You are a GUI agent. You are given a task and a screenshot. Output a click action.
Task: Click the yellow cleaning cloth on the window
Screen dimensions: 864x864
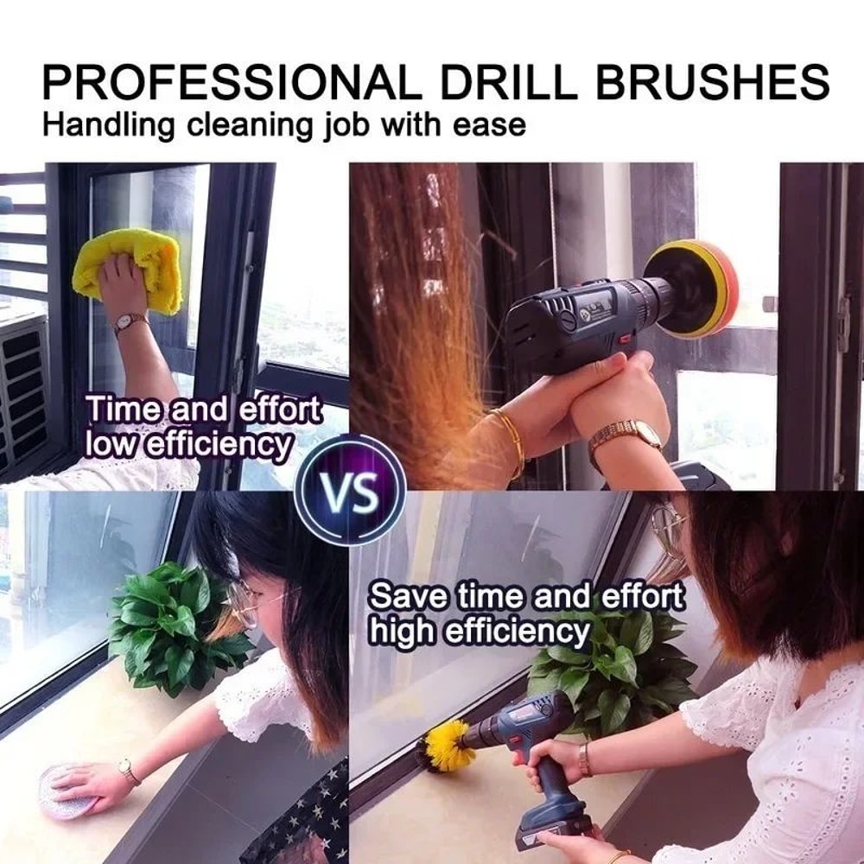pos(130,268)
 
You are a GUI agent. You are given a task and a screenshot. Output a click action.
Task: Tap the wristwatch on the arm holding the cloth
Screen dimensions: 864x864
pos(129,323)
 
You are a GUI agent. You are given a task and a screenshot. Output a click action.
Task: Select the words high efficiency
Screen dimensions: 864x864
pos(480,631)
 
